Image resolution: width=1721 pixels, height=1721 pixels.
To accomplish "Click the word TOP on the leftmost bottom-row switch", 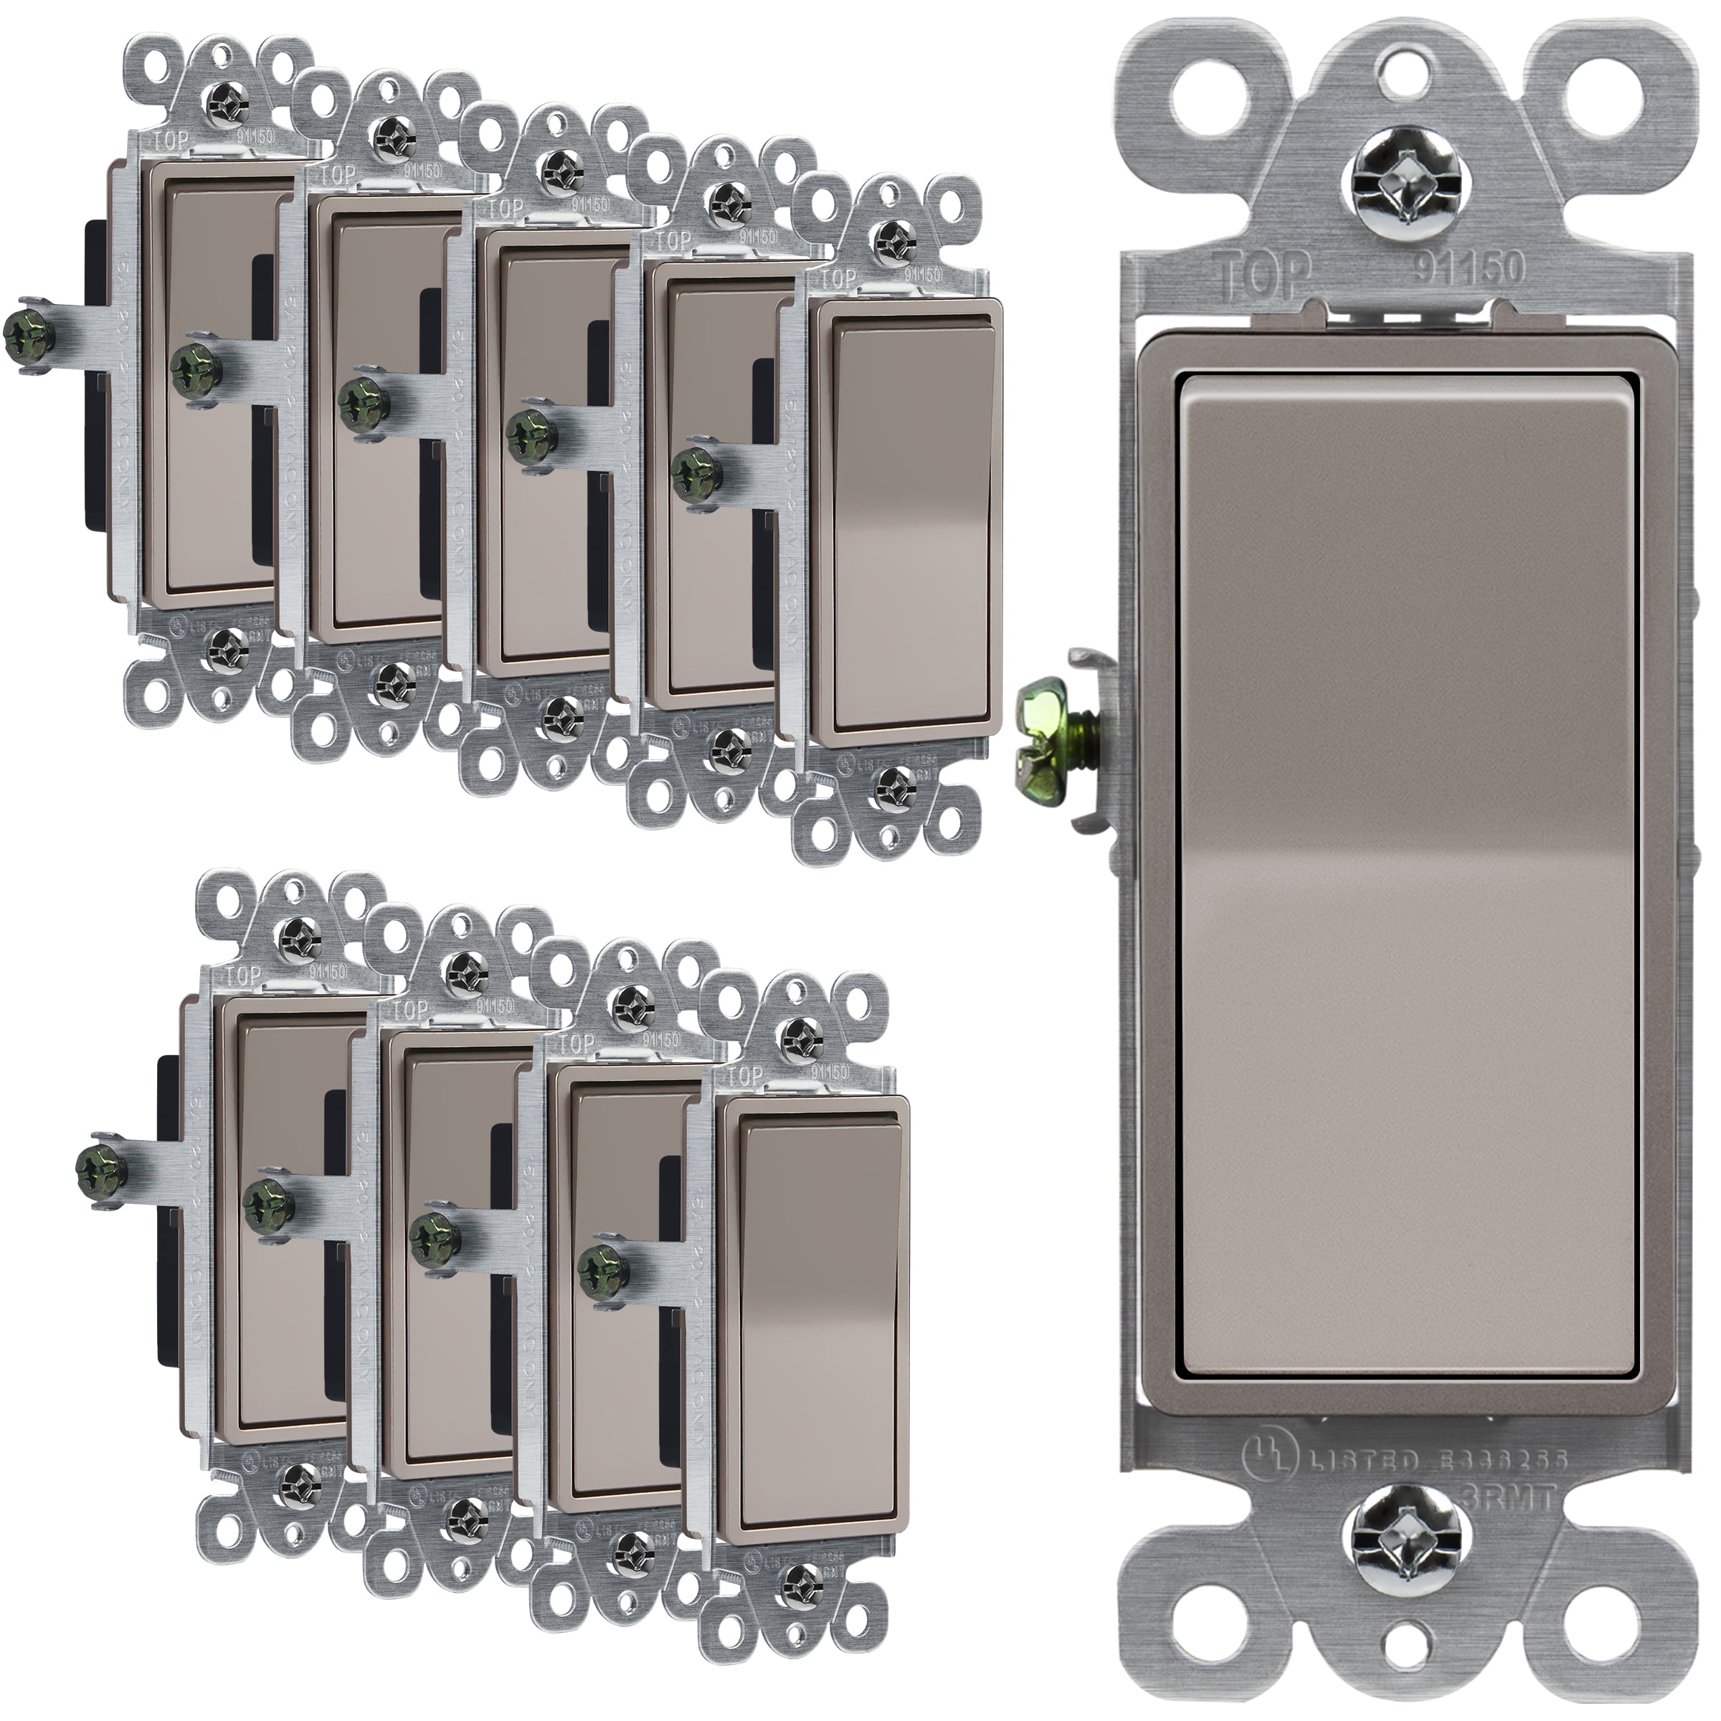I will [x=246, y=976].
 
